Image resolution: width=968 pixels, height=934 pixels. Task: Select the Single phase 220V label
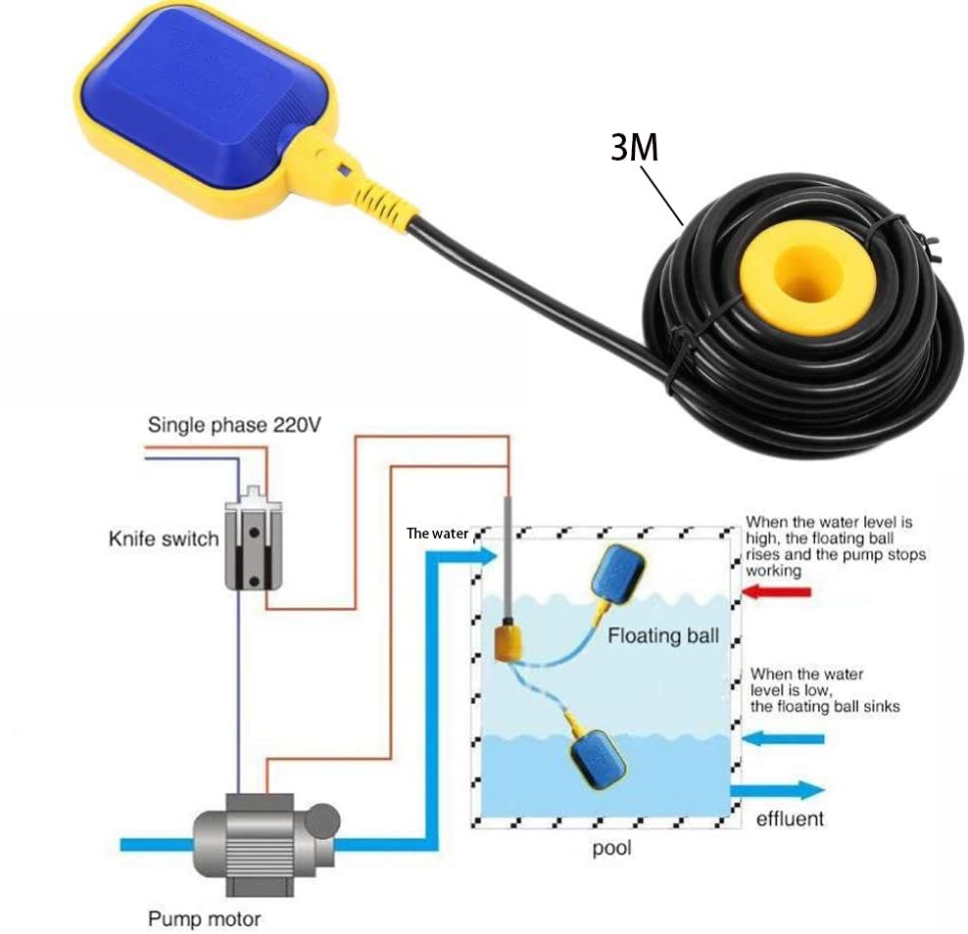pos(234,425)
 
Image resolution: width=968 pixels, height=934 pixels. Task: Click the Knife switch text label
pos(164,538)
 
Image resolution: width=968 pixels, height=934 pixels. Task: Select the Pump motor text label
pos(204,919)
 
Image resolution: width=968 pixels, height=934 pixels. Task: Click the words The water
pos(437,534)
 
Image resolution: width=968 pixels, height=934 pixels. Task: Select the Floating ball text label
pos(663,635)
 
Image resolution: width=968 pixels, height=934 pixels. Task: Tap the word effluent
pos(790,817)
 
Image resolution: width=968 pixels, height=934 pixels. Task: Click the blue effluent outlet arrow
pos(780,789)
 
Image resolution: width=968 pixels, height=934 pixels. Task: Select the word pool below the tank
pos(611,848)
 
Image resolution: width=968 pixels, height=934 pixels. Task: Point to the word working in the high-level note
pos(773,570)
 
